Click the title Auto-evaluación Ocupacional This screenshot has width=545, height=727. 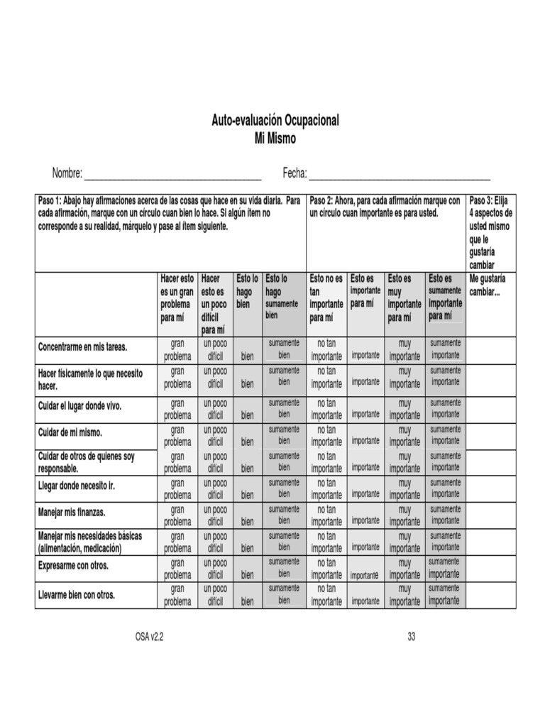(275, 121)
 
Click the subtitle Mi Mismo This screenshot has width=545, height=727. (275, 139)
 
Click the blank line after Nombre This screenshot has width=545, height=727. (172, 174)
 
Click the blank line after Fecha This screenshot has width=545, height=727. (399, 174)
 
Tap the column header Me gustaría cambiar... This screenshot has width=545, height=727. (487, 286)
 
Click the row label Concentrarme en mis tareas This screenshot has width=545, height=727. (82, 347)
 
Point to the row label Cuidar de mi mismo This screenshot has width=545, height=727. (70, 432)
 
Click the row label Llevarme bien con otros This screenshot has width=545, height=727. (76, 595)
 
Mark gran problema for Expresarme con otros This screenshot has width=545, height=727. (177, 569)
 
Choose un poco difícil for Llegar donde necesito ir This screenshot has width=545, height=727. (216, 488)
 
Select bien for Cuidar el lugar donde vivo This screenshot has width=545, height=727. (247, 415)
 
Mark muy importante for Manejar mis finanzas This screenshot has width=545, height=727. (404, 515)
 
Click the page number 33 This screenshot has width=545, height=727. (411, 637)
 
